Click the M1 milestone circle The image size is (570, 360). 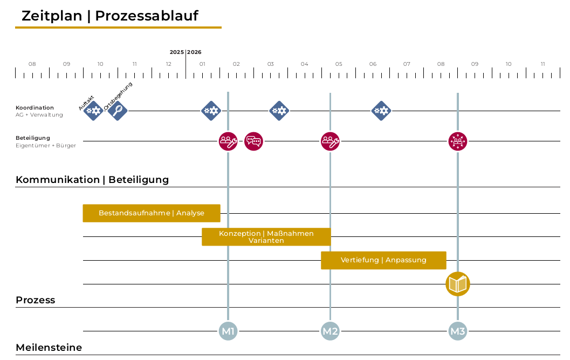click(x=228, y=331)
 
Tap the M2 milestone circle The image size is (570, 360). click(x=330, y=331)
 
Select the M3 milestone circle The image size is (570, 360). click(x=458, y=331)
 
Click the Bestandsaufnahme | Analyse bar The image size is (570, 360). click(x=152, y=213)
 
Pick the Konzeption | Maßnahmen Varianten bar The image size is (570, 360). click(x=266, y=237)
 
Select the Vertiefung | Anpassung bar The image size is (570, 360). click(x=383, y=260)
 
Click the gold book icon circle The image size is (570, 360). click(x=458, y=284)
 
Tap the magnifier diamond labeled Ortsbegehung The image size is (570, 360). click(x=118, y=111)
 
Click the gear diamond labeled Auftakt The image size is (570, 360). click(x=93, y=111)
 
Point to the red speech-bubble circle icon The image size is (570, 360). click(x=253, y=141)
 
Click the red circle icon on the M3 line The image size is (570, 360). click(x=458, y=141)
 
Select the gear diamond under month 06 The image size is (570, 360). click(x=381, y=111)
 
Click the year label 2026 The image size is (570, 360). click(x=194, y=52)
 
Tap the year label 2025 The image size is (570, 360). click(x=177, y=52)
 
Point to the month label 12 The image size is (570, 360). click(x=169, y=64)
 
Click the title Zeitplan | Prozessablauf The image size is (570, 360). click(x=110, y=16)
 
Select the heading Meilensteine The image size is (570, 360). click(x=49, y=348)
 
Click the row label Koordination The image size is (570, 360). click(x=35, y=108)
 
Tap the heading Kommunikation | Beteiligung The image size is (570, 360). click(x=92, y=180)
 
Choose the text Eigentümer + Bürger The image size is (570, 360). click(x=46, y=146)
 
